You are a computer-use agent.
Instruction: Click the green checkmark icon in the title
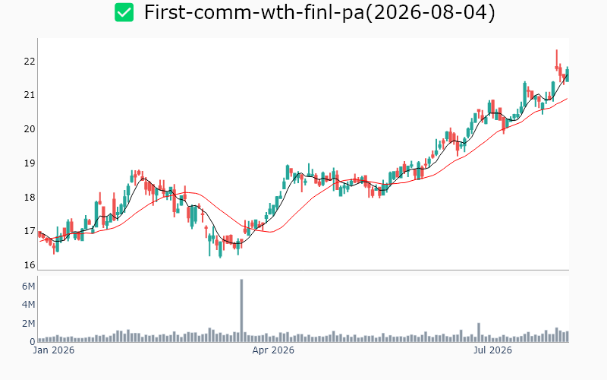coord(124,12)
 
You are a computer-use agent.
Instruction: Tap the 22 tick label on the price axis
coord(30,62)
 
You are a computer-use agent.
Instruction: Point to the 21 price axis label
coord(30,95)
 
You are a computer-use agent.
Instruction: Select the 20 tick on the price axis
coord(30,129)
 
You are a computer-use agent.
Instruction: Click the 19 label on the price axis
coord(30,163)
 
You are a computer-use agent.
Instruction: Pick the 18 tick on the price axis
coord(30,198)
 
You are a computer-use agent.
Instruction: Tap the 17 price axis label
coord(30,231)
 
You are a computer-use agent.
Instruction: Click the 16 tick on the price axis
coord(30,265)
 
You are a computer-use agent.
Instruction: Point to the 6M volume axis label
coord(28,287)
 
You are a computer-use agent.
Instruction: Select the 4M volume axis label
coord(28,305)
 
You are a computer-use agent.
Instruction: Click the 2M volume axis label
coord(28,324)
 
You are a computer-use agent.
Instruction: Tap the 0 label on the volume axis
coord(33,342)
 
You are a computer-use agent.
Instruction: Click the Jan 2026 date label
coord(53,350)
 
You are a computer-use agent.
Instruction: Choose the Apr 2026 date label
coord(273,350)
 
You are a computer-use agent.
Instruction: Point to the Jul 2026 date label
coord(492,350)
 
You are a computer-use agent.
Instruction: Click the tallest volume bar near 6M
coord(241,311)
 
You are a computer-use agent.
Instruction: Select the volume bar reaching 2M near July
coord(479,332)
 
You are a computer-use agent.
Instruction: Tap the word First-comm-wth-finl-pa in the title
coord(254,12)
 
